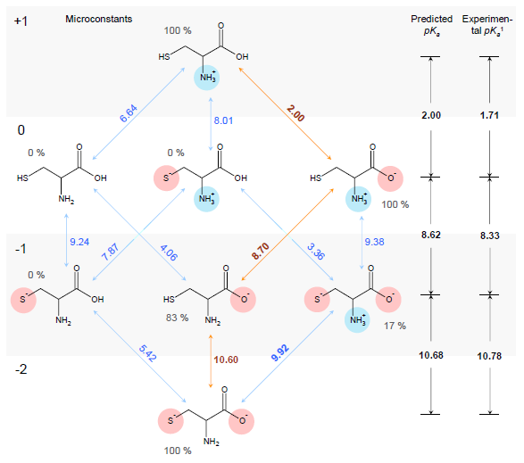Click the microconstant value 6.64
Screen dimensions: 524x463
click(x=129, y=113)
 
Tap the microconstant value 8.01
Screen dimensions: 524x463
click(x=223, y=120)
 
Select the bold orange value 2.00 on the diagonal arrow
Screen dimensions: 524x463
click(x=295, y=113)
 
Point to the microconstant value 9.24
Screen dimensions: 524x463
click(x=79, y=242)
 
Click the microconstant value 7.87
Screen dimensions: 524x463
click(x=111, y=252)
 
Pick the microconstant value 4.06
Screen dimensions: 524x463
click(x=169, y=252)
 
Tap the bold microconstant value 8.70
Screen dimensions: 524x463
click(x=261, y=252)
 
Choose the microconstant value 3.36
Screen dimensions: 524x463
click(x=316, y=252)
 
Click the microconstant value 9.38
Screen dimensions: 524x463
click(x=374, y=242)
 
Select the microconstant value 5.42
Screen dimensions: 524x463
click(x=147, y=353)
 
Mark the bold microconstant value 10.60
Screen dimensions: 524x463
click(x=226, y=360)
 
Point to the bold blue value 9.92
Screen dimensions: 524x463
click(x=279, y=353)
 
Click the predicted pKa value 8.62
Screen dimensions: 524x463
click(x=431, y=235)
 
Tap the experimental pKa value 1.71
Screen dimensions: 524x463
click(x=489, y=116)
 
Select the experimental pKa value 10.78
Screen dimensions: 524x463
click(x=489, y=356)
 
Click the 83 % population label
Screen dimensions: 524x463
click(x=177, y=318)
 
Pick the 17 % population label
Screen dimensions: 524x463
click(x=395, y=326)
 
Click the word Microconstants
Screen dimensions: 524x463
click(x=98, y=19)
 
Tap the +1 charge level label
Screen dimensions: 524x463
click(x=21, y=21)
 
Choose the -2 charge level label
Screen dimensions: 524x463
click(x=21, y=369)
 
